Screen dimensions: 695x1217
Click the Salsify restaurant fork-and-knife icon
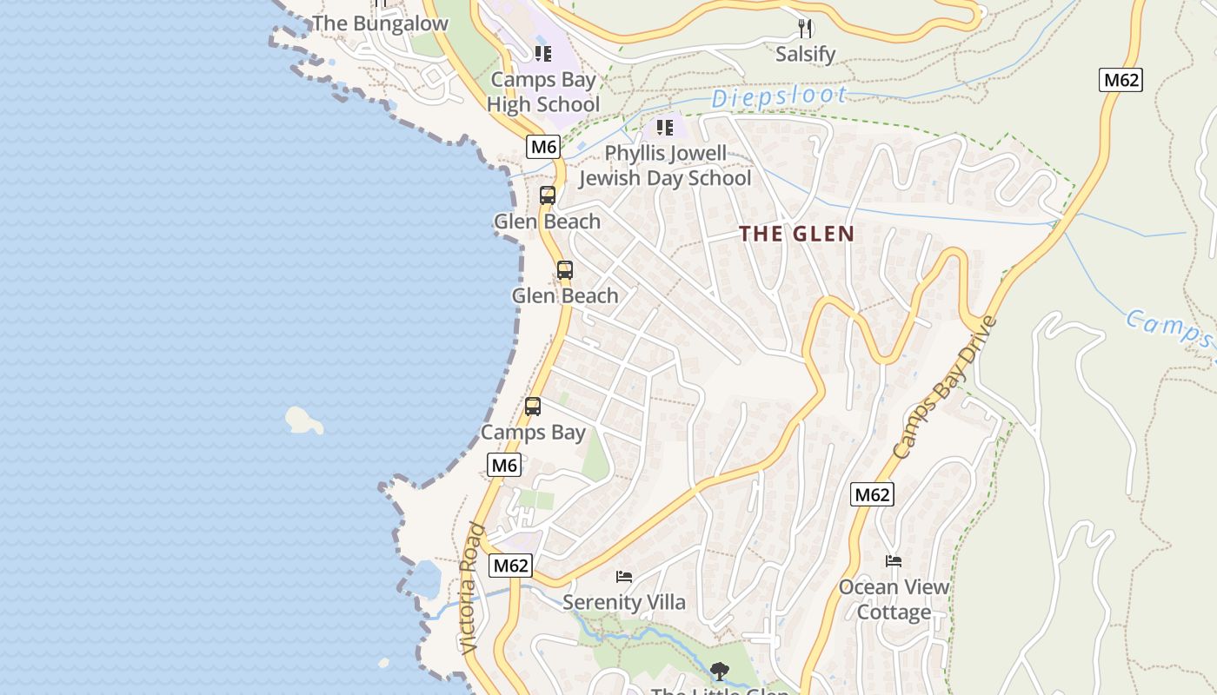(x=805, y=29)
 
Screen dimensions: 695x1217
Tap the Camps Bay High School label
(x=543, y=92)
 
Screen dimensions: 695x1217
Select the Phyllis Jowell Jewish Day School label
(x=665, y=166)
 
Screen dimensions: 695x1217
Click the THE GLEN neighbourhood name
(x=797, y=234)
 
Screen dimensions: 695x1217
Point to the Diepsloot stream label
(x=779, y=97)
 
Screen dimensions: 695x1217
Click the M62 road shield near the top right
(x=1121, y=81)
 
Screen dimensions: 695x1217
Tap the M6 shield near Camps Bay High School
(x=543, y=147)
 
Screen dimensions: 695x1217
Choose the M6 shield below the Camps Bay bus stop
(x=504, y=466)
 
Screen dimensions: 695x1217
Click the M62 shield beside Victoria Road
(x=510, y=566)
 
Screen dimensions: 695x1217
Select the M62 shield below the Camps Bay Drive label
(x=872, y=495)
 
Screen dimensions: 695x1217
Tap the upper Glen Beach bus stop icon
(x=547, y=195)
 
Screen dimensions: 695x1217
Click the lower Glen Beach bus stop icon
(x=565, y=270)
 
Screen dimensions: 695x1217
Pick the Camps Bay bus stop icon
(x=533, y=406)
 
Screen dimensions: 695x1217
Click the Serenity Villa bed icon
(x=623, y=576)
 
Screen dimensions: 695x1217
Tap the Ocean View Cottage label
(x=894, y=599)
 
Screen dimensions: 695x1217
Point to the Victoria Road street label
(x=469, y=589)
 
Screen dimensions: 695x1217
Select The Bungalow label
(x=380, y=23)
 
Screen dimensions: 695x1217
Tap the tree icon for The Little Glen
(x=719, y=671)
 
